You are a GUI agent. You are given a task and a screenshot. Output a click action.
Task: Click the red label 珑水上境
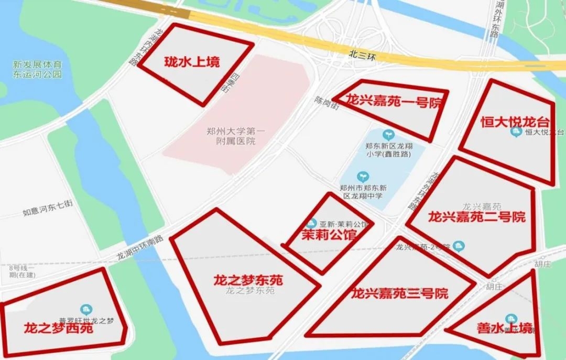(192, 62)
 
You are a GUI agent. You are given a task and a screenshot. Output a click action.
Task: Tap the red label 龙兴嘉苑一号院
(394, 102)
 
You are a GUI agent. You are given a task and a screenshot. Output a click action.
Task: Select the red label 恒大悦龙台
(515, 122)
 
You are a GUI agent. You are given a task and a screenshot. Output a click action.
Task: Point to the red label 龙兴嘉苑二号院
(476, 216)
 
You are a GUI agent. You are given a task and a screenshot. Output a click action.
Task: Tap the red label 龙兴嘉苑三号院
(400, 293)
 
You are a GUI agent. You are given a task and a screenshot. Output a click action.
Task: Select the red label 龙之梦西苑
(58, 329)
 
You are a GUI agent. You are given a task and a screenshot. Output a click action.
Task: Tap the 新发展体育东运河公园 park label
(37, 70)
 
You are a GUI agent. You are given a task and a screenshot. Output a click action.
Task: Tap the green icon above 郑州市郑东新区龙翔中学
(363, 176)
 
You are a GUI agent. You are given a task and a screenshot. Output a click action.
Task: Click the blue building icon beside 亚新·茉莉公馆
(312, 223)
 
